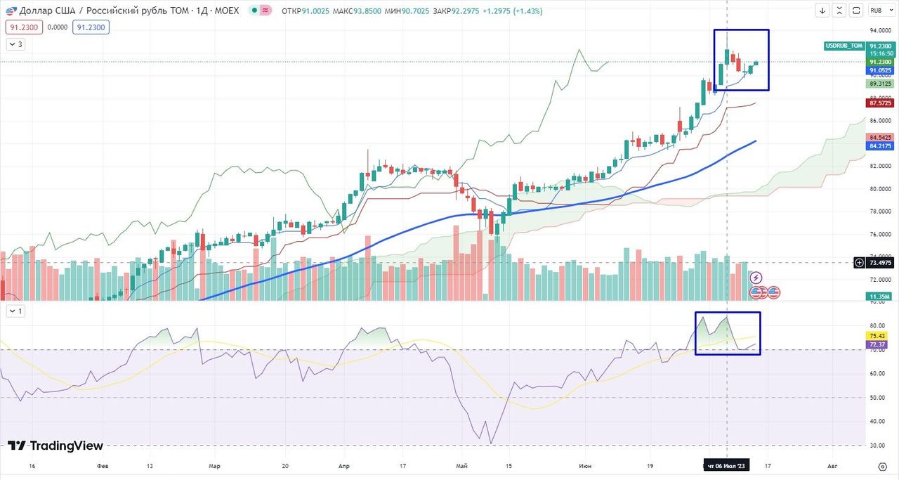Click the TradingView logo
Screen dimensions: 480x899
coord(55,446)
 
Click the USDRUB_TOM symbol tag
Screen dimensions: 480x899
coord(844,46)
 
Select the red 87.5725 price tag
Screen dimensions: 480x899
coord(880,103)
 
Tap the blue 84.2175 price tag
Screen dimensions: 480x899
coord(880,145)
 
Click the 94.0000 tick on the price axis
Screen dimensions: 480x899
coord(880,31)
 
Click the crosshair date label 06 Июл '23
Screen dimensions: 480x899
coord(726,465)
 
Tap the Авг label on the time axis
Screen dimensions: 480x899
coord(832,465)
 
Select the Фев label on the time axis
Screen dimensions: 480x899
coord(102,465)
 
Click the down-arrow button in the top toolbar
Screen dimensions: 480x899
coord(823,11)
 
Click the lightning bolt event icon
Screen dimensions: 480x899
coord(756,278)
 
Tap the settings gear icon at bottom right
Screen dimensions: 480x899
coord(883,466)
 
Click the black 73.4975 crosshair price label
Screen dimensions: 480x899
coord(880,262)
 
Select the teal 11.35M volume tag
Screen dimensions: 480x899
coord(880,297)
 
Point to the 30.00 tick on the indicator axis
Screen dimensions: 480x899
coord(877,446)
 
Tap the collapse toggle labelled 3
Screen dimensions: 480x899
coord(15,44)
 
